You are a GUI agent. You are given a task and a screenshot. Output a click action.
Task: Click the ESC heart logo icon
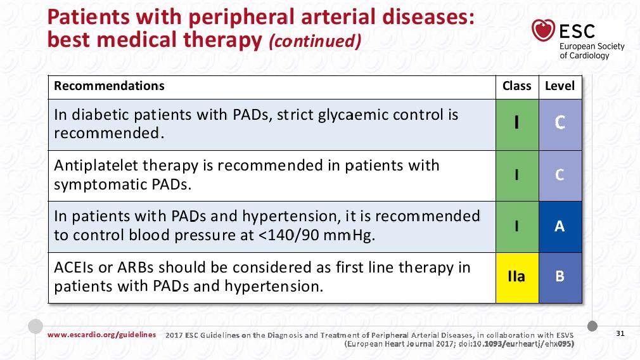click(543, 30)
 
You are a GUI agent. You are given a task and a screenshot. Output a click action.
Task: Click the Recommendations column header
click(109, 86)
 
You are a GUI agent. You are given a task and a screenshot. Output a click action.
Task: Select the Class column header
click(516, 86)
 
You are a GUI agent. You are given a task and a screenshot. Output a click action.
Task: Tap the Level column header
click(560, 86)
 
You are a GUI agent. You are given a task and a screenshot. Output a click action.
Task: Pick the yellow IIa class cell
click(517, 278)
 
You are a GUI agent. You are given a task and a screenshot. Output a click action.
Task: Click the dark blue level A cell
click(560, 226)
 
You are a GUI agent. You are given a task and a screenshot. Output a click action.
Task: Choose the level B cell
click(560, 278)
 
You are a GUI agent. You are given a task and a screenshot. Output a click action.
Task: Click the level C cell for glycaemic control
click(560, 124)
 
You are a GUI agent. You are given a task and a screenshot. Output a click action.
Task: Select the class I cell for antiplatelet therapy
click(517, 176)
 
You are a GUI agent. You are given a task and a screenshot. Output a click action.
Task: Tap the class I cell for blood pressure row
click(517, 226)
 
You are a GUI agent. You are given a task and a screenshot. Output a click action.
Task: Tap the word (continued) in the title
click(315, 41)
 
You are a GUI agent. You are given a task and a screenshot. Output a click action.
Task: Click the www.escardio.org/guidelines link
click(101, 335)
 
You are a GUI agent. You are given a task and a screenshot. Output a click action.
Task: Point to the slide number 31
click(620, 333)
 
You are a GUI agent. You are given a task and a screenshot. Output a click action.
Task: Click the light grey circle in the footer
click(35, 326)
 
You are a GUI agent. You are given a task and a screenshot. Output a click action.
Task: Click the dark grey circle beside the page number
click(592, 326)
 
